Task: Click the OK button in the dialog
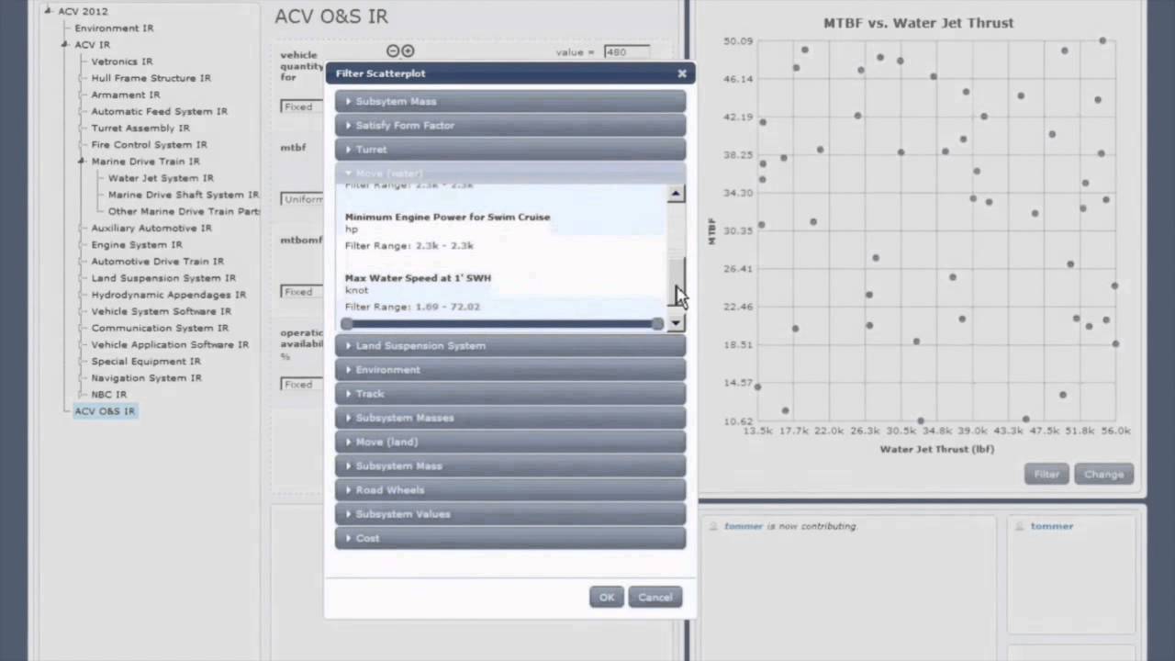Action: coord(607,597)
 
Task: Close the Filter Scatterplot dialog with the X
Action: coord(682,73)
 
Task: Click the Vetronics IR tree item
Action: coord(121,62)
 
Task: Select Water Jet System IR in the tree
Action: coord(161,178)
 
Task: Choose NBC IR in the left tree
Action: coord(108,395)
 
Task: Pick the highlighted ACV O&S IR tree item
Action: coord(105,411)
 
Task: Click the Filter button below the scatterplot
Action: coord(1046,474)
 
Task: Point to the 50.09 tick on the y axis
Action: coord(737,40)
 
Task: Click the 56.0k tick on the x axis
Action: coord(1115,431)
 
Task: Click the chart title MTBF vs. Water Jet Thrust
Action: coord(918,23)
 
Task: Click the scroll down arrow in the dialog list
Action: coord(676,323)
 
